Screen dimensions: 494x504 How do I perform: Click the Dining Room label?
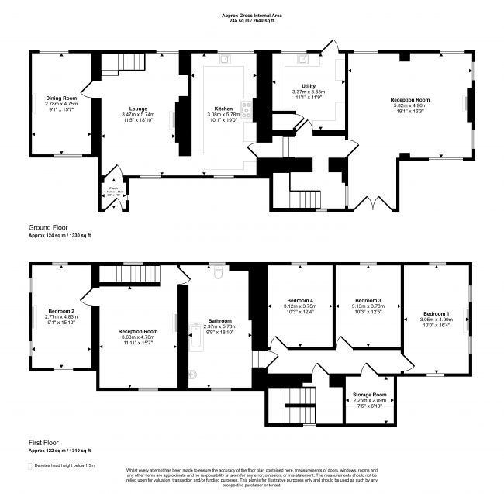[61, 98]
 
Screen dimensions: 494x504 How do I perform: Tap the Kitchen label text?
[224, 109]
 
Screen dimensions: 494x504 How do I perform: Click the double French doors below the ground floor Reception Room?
[374, 204]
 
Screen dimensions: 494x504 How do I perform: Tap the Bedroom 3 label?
[368, 300]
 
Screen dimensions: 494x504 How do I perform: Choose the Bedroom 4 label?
[301, 300]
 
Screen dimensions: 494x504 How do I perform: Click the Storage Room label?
[369, 395]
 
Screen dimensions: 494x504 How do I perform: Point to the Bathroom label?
[220, 321]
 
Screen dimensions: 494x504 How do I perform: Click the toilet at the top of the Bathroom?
[219, 273]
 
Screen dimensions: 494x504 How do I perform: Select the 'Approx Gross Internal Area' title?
[252, 14]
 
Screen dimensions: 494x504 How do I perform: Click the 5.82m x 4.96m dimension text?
[409, 105]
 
